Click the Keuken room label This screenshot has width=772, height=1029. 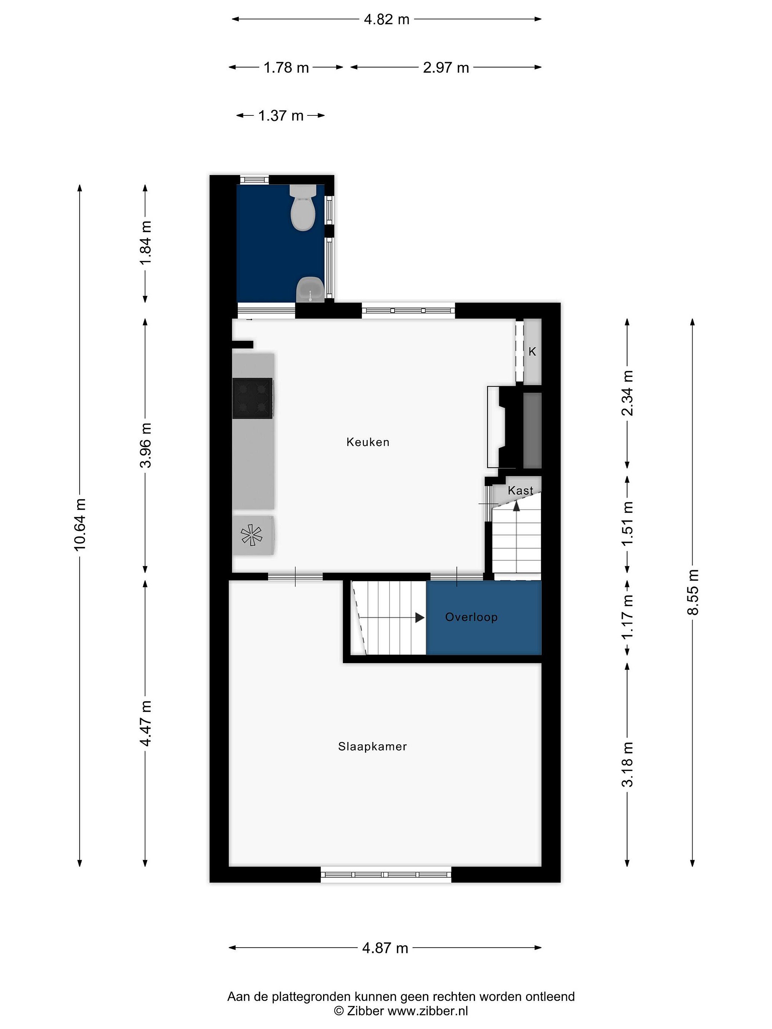pos(368,442)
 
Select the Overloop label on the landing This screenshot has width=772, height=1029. pos(471,617)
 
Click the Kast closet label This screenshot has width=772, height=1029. pos(520,490)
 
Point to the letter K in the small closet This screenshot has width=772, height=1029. pos(532,352)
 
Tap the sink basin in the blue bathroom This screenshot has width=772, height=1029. pos(310,289)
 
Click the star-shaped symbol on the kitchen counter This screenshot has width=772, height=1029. pos(251,535)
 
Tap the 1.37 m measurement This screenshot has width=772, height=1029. pos(281,115)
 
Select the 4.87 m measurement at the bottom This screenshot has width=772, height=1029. pos(385,948)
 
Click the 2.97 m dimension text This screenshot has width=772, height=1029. pos(445,68)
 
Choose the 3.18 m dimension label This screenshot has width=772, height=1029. pos(627,764)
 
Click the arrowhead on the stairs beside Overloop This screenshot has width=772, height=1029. pos(420,618)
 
